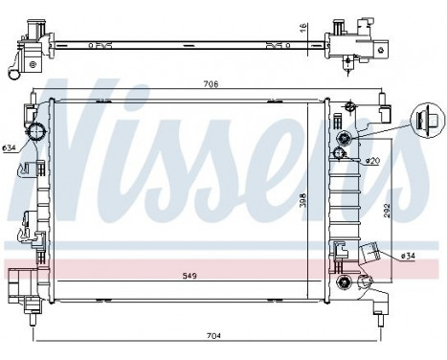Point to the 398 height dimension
[x=302, y=202]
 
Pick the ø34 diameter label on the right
[x=407, y=257]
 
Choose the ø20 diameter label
[x=372, y=161]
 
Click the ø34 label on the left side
[x=9, y=147]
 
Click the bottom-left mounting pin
[x=34, y=306]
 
